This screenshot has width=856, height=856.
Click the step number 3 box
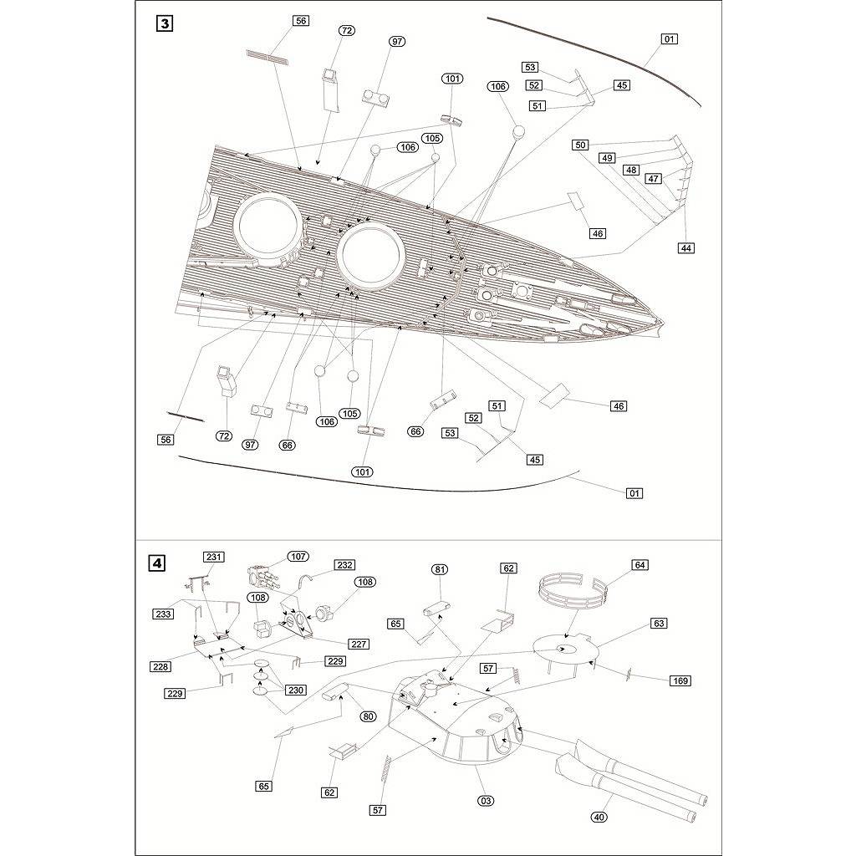(x=165, y=24)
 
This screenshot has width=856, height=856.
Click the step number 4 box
(x=157, y=563)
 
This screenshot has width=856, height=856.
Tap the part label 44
(x=686, y=247)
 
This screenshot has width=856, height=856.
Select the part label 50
(x=581, y=145)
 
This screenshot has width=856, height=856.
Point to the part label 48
(x=632, y=170)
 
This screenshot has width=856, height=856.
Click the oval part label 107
(x=298, y=556)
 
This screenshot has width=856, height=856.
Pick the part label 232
(x=345, y=565)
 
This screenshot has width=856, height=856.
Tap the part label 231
(x=213, y=557)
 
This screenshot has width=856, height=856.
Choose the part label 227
(x=359, y=645)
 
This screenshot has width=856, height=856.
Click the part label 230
(x=295, y=690)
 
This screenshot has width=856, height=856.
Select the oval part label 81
(x=440, y=569)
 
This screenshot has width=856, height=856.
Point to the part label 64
(x=639, y=565)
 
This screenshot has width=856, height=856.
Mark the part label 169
(x=680, y=680)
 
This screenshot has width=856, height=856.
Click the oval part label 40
(x=599, y=818)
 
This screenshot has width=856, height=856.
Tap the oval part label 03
(x=486, y=801)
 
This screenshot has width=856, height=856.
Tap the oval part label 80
(x=369, y=716)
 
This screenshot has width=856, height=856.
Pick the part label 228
(x=161, y=666)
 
